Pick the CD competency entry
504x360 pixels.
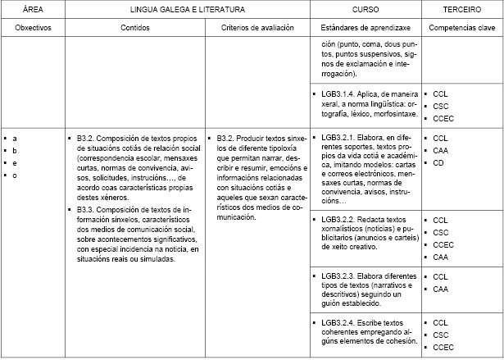click(x=438, y=162)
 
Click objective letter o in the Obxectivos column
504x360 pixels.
click(x=15, y=175)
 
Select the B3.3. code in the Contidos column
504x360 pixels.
click(x=89, y=209)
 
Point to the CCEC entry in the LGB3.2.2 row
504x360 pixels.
click(x=443, y=244)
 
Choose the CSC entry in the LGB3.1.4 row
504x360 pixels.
click(x=441, y=106)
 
